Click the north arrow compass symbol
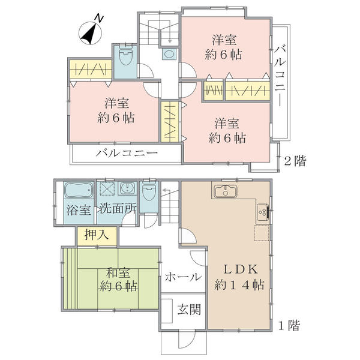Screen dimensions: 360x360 [90, 32]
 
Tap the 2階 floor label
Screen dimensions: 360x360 [294, 161]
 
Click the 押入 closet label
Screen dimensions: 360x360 [92, 235]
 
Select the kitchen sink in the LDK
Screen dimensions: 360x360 [226, 193]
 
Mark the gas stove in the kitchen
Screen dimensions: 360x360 [263, 211]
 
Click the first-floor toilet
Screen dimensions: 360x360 [149, 193]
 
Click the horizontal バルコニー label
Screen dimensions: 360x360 [127, 154]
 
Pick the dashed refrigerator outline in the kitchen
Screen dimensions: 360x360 [262, 232]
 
